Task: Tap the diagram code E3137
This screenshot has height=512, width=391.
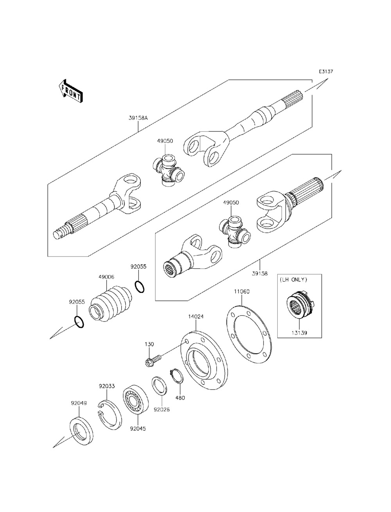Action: pos(325,72)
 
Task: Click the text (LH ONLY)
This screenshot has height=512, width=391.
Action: pos(293,280)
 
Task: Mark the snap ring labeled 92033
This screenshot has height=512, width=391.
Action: pos(110,415)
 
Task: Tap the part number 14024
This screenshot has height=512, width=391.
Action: pos(195,316)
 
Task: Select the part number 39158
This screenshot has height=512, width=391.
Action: pos(260,274)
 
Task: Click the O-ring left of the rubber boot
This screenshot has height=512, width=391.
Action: pos(79,322)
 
